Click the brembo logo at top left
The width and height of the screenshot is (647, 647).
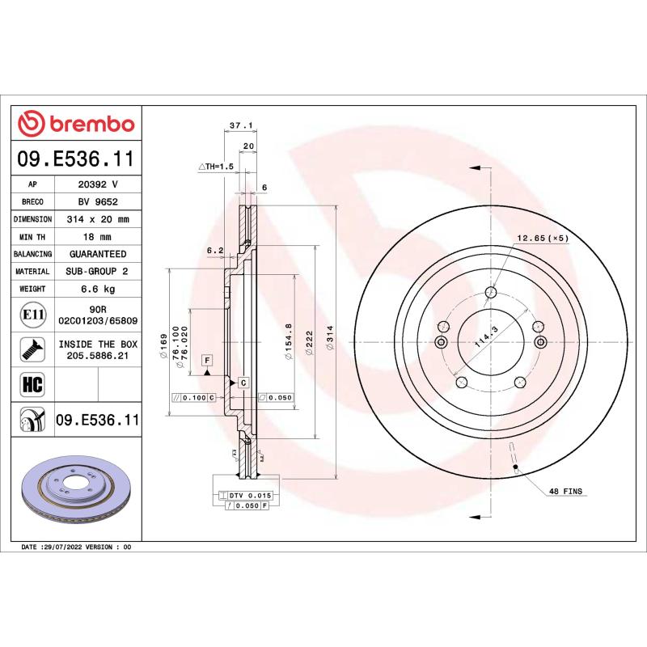(x=76, y=124)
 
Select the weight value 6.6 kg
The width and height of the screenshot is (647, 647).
(x=97, y=289)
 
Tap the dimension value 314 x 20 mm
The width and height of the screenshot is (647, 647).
(x=97, y=219)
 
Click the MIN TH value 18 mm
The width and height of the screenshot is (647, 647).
(x=97, y=237)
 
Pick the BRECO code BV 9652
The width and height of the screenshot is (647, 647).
(x=97, y=202)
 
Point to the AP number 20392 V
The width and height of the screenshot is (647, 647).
(x=97, y=184)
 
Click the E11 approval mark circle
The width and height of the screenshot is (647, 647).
(x=32, y=315)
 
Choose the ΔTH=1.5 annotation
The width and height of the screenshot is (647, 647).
(x=216, y=166)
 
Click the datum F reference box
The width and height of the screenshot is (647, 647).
(x=207, y=359)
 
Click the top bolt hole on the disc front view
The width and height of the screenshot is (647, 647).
(x=490, y=293)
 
